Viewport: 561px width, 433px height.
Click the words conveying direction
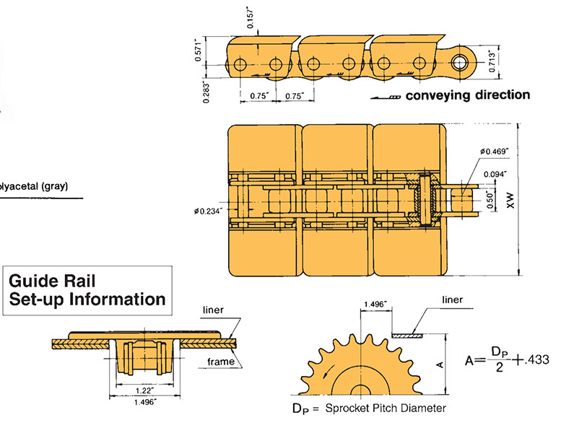coord(467,95)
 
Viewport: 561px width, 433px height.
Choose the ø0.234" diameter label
coord(209,211)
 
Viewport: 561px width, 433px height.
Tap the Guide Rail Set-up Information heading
coord(87,289)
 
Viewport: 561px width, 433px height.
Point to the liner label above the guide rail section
coord(214,310)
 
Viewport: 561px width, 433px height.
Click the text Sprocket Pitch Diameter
coord(385,408)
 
